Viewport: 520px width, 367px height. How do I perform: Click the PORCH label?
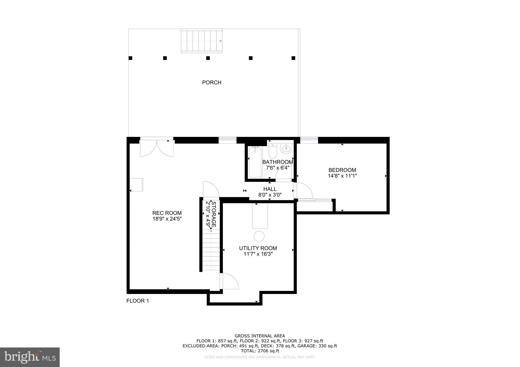tap(212, 82)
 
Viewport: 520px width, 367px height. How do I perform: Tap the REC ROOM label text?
tap(167, 213)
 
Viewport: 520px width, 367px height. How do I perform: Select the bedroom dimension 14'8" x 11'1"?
tap(342, 176)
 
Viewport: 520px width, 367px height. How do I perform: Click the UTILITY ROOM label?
tap(258, 248)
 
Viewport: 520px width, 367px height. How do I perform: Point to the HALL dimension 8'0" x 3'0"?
tap(270, 195)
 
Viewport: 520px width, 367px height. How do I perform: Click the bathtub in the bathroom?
tap(255, 162)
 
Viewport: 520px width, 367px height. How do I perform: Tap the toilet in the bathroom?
tap(272, 151)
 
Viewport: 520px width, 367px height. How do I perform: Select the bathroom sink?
tap(287, 148)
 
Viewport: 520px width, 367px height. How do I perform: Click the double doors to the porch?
tap(157, 148)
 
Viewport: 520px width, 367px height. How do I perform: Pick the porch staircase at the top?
tap(202, 41)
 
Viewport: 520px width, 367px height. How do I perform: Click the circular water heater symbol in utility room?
tap(259, 236)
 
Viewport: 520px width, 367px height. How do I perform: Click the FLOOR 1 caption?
tap(138, 301)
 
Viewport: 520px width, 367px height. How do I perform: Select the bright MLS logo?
tap(30, 357)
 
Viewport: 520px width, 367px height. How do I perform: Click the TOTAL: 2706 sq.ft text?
tap(260, 351)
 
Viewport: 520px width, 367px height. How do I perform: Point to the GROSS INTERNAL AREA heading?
tap(260, 336)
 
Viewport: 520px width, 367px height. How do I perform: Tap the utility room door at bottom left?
tap(230, 281)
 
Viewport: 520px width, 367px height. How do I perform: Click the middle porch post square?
tap(208, 58)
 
